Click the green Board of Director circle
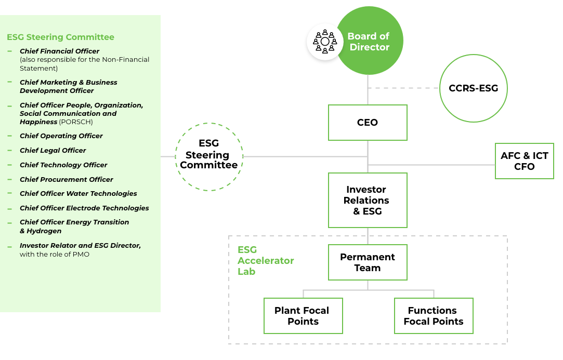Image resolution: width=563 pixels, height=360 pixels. (370, 42)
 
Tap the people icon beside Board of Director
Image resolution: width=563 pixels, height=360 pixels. (325, 42)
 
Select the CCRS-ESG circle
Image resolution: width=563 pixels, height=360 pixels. (473, 88)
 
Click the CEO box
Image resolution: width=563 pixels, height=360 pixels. (368, 123)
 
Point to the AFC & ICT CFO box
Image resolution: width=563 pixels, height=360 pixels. (524, 161)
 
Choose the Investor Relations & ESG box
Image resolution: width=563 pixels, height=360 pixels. (368, 201)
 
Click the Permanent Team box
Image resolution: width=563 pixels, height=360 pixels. (368, 262)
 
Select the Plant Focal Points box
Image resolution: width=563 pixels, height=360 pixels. (303, 316)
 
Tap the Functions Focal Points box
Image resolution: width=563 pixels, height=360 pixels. (434, 316)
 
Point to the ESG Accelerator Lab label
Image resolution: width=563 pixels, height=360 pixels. (266, 261)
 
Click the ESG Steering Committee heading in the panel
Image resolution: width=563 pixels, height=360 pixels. (60, 37)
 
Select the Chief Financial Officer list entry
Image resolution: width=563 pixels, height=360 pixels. (59, 51)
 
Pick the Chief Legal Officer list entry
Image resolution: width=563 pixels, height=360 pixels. (53, 150)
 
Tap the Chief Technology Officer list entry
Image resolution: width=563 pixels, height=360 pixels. (63, 165)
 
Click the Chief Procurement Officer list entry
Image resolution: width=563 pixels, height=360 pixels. (67, 179)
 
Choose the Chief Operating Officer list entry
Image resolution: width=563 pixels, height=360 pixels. (61, 136)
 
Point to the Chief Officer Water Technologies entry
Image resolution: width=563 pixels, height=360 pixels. (78, 193)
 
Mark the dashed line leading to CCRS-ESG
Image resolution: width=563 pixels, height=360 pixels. (403, 88)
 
